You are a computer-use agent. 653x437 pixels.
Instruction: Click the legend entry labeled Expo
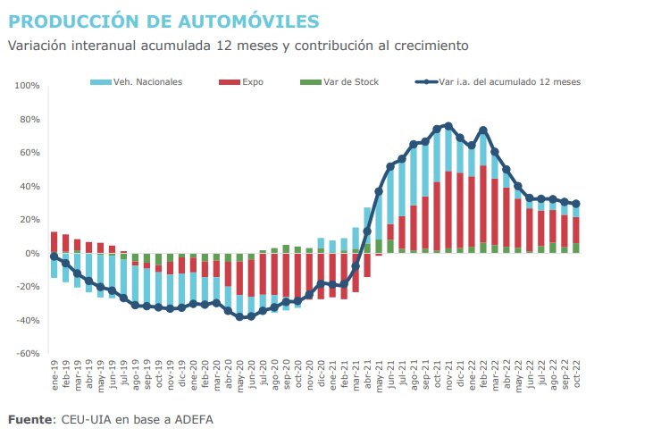coord(253,81)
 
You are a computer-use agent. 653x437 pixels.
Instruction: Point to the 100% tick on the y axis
coord(27,87)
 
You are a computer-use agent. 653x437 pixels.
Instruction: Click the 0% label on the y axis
coord(31,254)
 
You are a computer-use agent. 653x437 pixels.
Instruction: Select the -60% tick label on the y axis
coord(27,354)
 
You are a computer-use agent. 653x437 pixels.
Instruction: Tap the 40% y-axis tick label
coord(29,187)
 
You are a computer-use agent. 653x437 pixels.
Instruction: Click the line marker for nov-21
coord(448,126)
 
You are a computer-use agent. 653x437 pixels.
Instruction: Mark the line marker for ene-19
coord(54,256)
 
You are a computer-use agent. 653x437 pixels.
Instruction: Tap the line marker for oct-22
coord(576,204)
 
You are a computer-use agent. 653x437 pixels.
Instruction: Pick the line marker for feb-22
coord(483,130)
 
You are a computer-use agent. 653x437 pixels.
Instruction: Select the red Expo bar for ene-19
coord(54,242)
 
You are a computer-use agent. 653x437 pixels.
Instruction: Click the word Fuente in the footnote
coord(32,418)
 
